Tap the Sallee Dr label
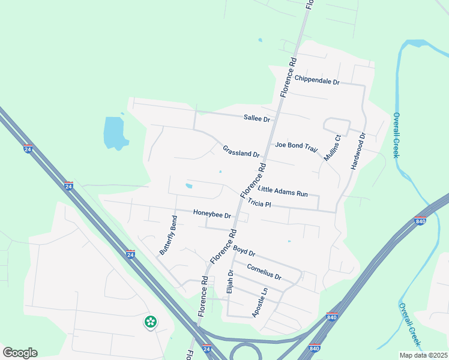click(257, 118)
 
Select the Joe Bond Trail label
click(295, 145)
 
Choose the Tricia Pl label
click(260, 204)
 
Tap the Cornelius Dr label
click(264, 272)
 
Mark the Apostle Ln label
click(259, 302)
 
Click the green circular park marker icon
click(150, 322)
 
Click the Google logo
click(20, 353)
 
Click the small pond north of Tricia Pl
click(189, 186)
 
